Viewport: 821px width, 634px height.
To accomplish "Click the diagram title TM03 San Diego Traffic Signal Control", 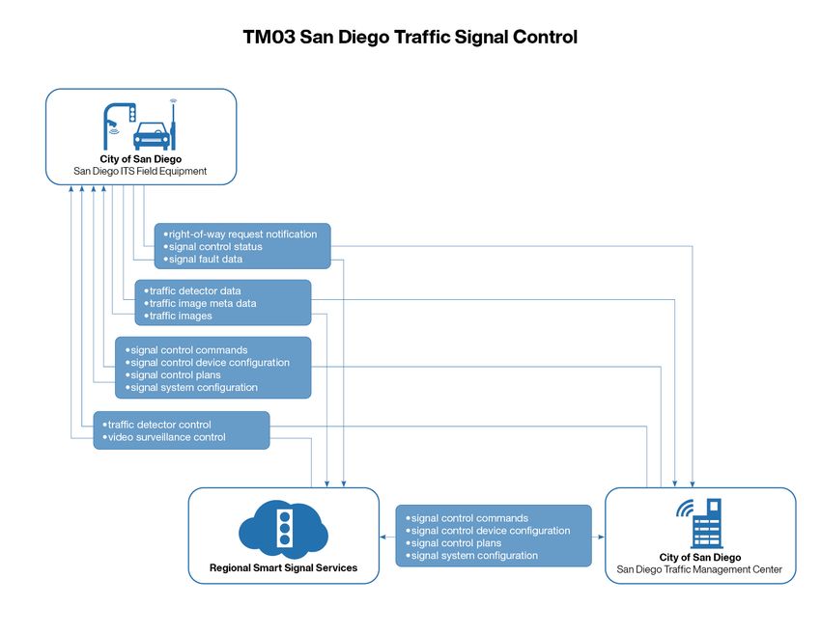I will tap(410, 39).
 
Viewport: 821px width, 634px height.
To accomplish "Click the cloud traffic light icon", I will tap(283, 528).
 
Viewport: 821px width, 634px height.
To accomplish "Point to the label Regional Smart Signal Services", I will tap(283, 567).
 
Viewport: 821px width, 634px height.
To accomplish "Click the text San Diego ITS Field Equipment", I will tap(141, 171).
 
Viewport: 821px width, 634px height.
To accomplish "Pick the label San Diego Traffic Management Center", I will tap(700, 569).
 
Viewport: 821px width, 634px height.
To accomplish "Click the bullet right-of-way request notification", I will tap(241, 234).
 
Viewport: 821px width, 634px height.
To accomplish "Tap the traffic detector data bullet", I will tap(195, 290).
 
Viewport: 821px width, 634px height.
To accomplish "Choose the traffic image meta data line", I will tap(203, 303).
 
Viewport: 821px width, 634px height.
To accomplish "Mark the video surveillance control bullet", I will tap(166, 437).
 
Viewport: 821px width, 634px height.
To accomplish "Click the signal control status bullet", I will tap(215, 247).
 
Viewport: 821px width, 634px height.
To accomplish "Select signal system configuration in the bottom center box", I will tap(474, 555).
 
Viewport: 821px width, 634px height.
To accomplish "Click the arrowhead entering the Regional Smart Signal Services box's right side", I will tap(383, 536).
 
